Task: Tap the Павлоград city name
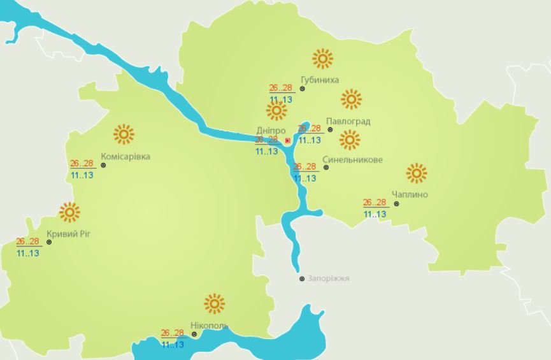(348, 121)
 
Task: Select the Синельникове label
(353, 160)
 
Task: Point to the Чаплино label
(410, 194)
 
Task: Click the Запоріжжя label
(329, 278)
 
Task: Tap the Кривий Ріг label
(69, 233)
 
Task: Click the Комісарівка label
(125, 157)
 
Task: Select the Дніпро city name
(262, 129)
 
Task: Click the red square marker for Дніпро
(287, 140)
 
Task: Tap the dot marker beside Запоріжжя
(302, 278)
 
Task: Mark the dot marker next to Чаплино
(396, 204)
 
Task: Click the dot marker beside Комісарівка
(103, 165)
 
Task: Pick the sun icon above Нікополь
(215, 304)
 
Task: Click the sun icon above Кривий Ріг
(69, 212)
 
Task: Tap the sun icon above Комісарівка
(124, 134)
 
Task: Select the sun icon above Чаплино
(416, 173)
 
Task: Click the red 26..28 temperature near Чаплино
(375, 203)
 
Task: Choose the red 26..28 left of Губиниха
(281, 89)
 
